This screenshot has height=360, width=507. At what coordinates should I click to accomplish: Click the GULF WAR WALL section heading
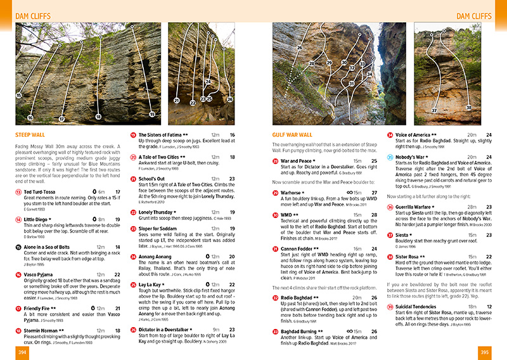click(292, 135)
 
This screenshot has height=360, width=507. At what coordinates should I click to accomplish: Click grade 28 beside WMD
click(373, 215)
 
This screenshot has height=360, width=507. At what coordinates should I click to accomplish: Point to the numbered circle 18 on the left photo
click(98, 117)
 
